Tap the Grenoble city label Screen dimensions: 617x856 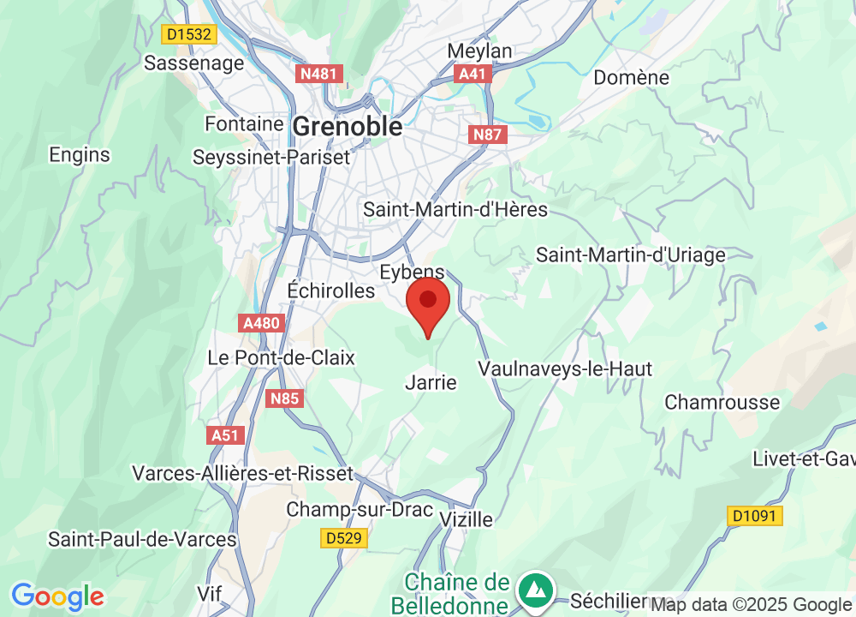[347, 127]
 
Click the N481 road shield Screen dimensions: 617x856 [321, 74]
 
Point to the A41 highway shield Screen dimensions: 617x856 [473, 74]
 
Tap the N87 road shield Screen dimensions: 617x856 [489, 135]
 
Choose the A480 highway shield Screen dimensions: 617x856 [261, 323]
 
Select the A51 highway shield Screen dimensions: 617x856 [225, 435]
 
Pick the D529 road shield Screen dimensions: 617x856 [344, 538]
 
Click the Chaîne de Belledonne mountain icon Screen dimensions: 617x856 [536, 590]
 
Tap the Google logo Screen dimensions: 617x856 [57, 596]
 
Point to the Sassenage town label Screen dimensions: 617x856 [193, 63]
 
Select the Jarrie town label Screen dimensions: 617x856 [431, 382]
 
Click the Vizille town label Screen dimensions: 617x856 [466, 519]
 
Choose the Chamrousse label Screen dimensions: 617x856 [722, 402]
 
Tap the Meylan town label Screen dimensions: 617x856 [479, 51]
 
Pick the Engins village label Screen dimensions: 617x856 [80, 154]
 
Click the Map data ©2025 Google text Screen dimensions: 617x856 [752, 604]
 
